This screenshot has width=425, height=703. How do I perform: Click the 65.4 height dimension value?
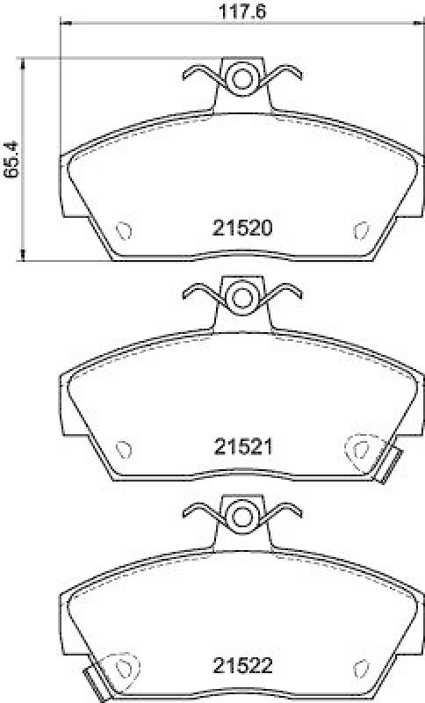pyautogui.click(x=10, y=159)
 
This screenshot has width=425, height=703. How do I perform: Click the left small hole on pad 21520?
pyautogui.click(x=125, y=229)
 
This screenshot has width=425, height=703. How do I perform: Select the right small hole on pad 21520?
pyautogui.click(x=360, y=229)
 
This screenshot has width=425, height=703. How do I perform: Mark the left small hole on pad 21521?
pyautogui.click(x=125, y=448)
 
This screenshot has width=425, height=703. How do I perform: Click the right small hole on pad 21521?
pyautogui.click(x=360, y=449)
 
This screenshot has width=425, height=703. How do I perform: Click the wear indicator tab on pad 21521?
pyautogui.click(x=393, y=465)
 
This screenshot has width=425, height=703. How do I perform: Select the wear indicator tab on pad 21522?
pyautogui.click(x=92, y=683)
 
